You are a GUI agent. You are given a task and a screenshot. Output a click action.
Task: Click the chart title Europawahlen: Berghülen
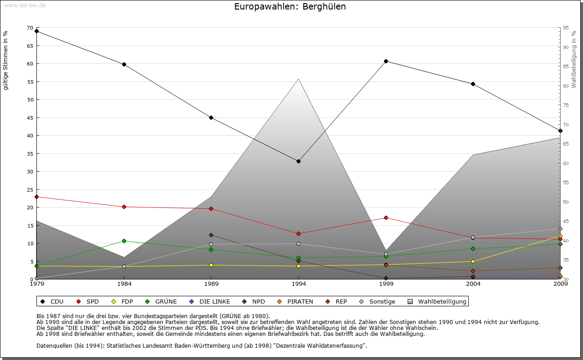(290, 7)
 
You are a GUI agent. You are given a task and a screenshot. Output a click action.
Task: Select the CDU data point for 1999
(386, 61)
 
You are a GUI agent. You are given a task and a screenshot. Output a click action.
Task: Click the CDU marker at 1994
(298, 161)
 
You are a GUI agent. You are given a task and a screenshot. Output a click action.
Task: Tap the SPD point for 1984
(124, 207)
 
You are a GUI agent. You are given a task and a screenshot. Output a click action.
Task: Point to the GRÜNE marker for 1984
(124, 241)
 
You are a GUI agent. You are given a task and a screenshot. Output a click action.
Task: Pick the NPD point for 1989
(211, 235)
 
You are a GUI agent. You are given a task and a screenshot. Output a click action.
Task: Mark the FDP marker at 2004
(473, 261)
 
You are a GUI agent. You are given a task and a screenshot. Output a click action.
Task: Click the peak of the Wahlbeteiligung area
(298, 79)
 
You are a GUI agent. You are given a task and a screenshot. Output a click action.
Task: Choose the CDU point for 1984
(124, 64)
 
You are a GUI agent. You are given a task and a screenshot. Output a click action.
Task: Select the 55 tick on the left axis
(30, 82)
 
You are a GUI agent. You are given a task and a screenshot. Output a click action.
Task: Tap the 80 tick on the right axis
(566, 86)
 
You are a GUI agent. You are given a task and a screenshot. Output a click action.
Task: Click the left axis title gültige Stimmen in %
(6, 60)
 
